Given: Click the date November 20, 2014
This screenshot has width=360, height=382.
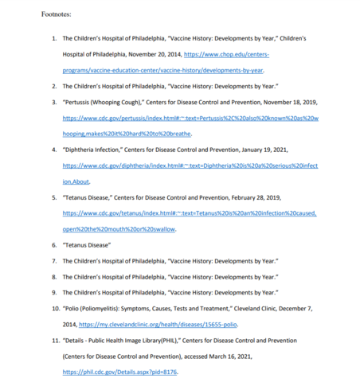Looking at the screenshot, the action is tap(151, 54).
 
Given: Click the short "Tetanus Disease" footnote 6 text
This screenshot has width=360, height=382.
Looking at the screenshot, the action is tap(85, 244).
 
